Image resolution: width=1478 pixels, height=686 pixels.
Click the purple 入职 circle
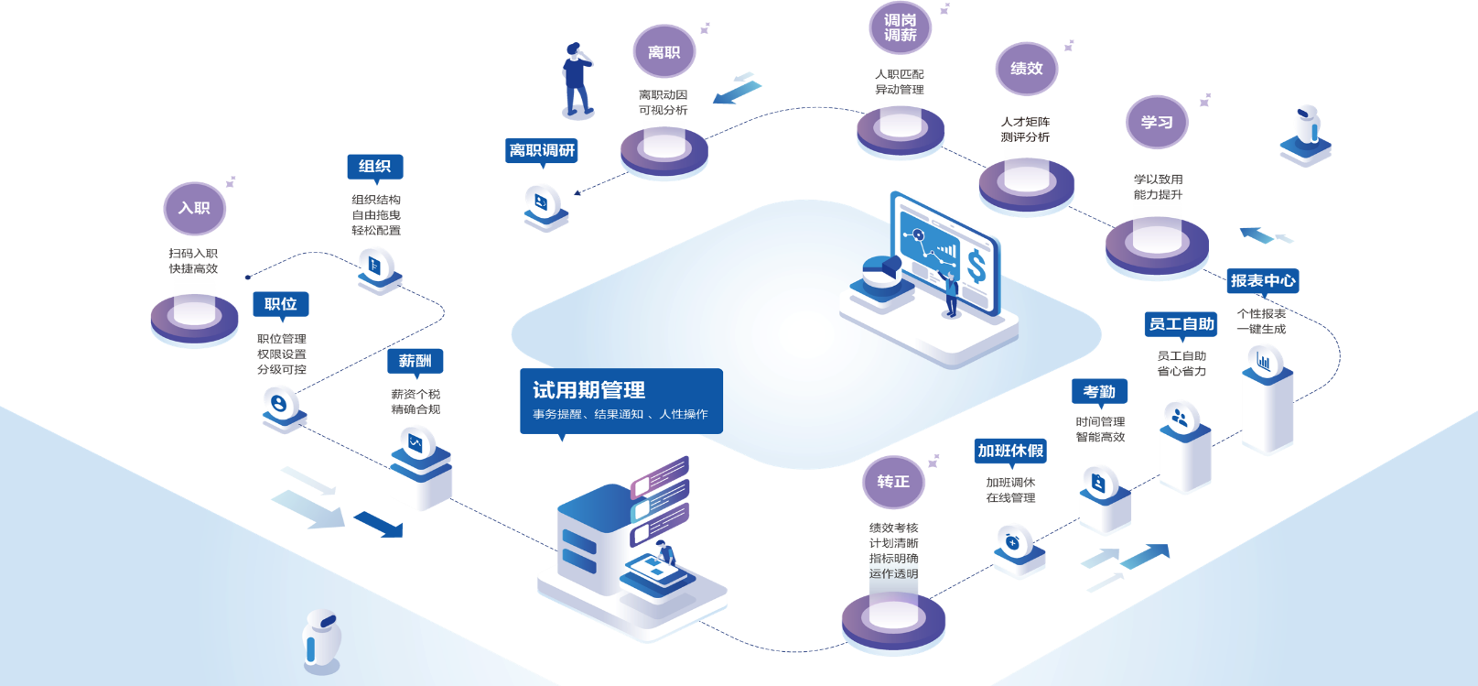[195, 209]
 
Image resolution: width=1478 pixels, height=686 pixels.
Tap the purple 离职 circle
[664, 52]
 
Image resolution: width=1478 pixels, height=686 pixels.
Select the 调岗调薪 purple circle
[900, 27]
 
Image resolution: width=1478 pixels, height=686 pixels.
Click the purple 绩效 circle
[1027, 69]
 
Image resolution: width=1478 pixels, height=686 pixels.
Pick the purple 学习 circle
[1157, 122]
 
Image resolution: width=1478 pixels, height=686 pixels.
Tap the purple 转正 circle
[893, 482]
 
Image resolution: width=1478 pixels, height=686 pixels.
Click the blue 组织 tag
[375, 167]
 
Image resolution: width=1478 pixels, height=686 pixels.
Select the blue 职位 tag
[281, 304]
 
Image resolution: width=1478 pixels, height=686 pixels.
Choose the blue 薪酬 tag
[415, 362]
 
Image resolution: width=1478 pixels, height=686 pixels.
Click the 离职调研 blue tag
[542, 150]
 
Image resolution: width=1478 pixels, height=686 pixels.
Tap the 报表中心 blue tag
[1263, 281]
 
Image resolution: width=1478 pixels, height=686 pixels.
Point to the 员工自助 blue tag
[1181, 324]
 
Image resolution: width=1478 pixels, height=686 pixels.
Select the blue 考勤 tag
[1099, 392]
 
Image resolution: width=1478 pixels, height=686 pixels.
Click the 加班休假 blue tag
[1010, 451]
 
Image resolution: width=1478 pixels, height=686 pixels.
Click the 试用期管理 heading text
[589, 390]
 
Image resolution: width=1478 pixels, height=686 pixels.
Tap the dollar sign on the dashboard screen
[976, 267]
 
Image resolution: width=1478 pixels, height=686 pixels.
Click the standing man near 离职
[577, 80]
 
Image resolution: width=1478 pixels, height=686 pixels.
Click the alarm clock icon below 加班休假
[1013, 542]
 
